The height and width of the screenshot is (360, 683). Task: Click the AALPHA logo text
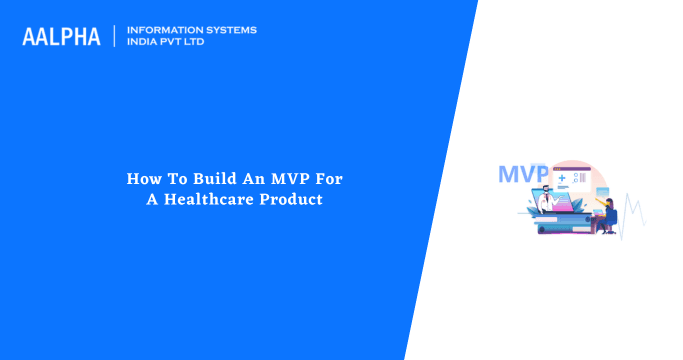(x=61, y=37)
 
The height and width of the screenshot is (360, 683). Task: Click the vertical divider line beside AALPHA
(x=115, y=36)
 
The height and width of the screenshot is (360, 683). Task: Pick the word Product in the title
(x=301, y=199)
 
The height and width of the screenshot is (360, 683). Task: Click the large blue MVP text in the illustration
(x=523, y=174)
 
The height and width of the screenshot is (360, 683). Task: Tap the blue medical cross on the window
(x=562, y=177)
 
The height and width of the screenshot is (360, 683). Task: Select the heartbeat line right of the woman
(x=633, y=212)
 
